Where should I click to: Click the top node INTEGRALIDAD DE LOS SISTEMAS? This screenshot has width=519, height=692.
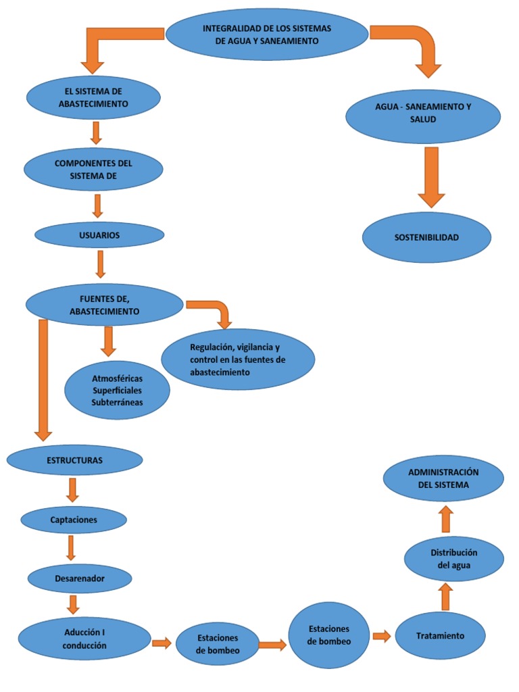[x=267, y=34]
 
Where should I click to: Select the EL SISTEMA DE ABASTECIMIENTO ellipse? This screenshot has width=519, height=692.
[x=93, y=97]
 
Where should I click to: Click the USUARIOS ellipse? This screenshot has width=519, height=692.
[x=99, y=235]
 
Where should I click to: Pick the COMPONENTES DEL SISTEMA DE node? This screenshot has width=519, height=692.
[x=93, y=169]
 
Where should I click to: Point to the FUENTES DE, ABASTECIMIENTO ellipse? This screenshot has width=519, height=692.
[x=104, y=304]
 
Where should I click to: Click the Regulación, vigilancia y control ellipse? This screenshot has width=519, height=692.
[x=239, y=359]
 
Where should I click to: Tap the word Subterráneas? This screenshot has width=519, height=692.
[x=118, y=403]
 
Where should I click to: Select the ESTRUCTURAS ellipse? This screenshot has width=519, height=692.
[x=74, y=460]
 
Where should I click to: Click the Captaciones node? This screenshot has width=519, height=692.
[x=74, y=520]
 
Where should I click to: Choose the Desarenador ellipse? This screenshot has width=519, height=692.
[x=80, y=578]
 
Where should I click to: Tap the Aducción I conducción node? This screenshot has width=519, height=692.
[x=84, y=639]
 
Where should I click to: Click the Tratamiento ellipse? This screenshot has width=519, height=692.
[x=440, y=636]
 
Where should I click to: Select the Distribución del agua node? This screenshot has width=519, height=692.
[x=453, y=559]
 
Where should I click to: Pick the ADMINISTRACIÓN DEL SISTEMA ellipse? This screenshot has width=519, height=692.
[x=443, y=478]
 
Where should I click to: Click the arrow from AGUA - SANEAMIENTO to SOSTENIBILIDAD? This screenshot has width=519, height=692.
[x=431, y=177]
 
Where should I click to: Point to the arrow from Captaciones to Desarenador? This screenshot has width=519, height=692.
[x=71, y=548]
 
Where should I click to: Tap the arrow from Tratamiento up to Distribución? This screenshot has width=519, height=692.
[x=445, y=597]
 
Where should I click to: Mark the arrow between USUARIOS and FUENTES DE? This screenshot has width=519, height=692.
[x=101, y=264]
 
